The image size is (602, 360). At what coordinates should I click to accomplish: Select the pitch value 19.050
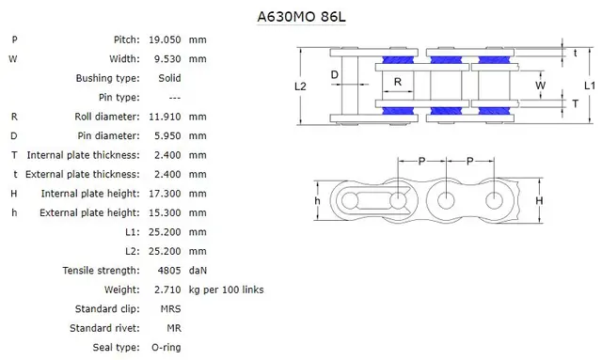point(165,39)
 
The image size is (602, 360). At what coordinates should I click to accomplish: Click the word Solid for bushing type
point(169,78)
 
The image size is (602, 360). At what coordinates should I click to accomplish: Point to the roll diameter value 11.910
point(165,117)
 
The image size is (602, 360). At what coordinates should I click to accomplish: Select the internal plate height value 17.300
point(165,193)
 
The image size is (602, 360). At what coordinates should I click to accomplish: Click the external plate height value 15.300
point(165,212)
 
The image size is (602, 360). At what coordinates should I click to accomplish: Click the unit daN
point(198,270)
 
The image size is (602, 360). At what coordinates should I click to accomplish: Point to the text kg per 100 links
point(227,290)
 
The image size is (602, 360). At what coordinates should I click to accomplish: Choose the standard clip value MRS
point(170,308)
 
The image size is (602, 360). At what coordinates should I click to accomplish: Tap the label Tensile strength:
point(103,270)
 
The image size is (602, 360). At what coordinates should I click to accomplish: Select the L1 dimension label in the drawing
point(589,86)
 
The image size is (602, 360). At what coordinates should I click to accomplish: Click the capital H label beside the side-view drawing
point(539,201)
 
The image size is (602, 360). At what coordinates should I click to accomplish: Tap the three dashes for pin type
point(175,97)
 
